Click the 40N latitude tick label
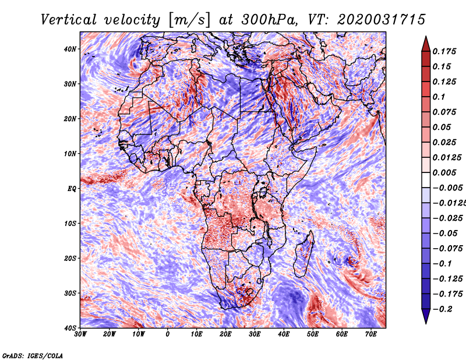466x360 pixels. point(70,49)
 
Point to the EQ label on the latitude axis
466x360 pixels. point(72,189)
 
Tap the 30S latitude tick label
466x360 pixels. point(70,294)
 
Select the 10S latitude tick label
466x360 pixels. point(70,224)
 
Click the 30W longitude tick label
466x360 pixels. point(80,334)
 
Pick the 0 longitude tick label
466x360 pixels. point(168,334)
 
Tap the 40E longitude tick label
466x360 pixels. point(284,334)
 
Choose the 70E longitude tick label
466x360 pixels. point(371,334)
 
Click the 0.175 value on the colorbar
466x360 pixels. point(444,51)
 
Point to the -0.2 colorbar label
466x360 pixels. point(443,309)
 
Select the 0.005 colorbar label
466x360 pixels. point(444,172)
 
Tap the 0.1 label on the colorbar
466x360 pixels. point(439,97)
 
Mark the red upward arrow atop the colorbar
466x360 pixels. point(426,44)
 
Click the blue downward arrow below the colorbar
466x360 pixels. point(426,316)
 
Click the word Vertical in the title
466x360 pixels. point(69,20)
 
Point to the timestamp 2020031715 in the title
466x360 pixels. point(382,20)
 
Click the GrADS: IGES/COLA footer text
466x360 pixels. point(33,355)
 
